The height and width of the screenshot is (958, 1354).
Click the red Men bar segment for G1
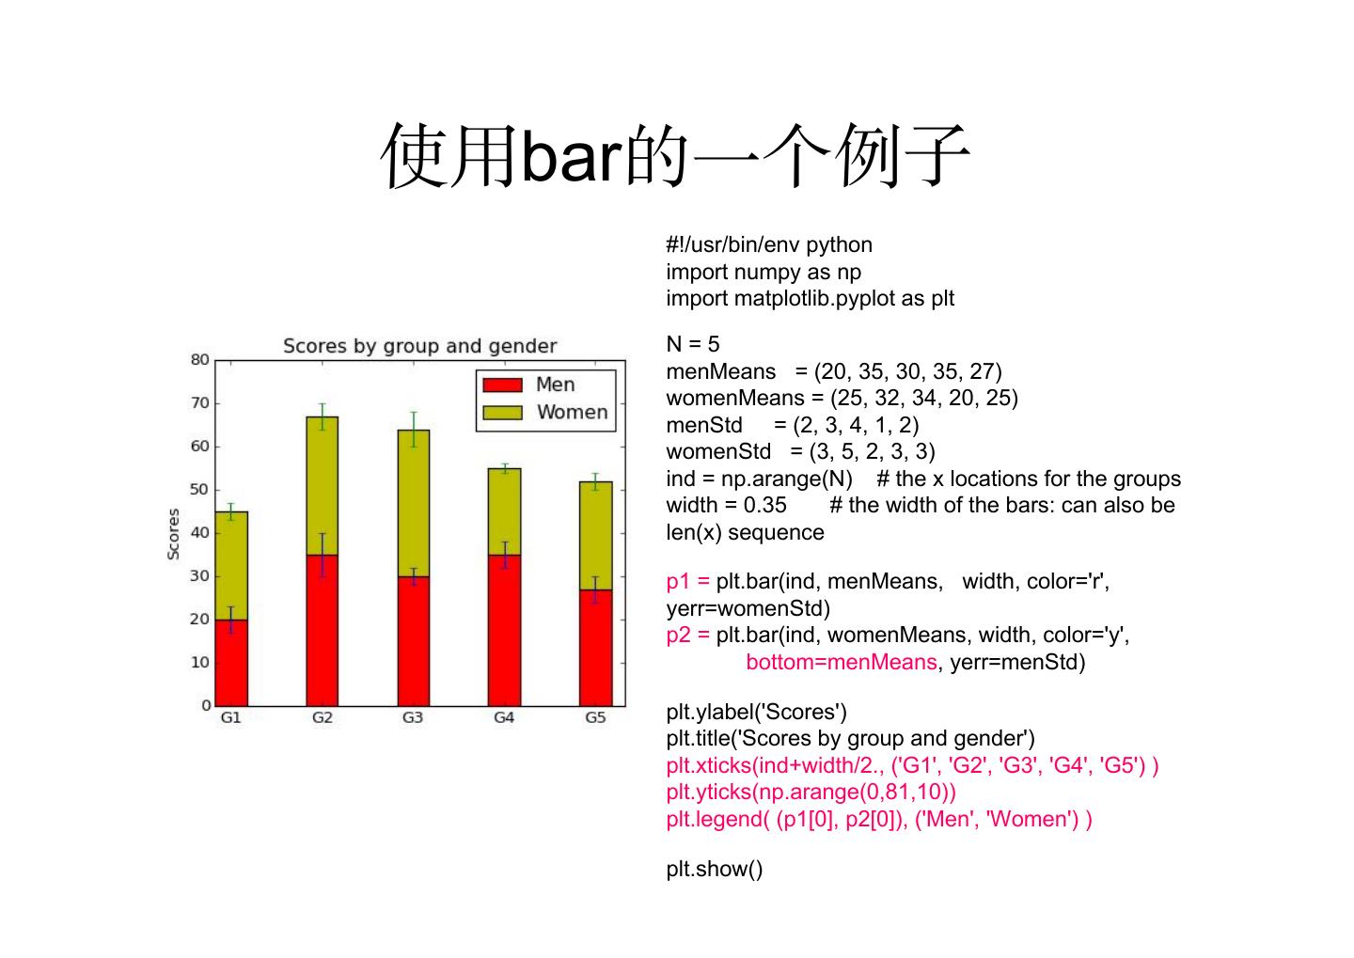pyautogui.click(x=231, y=663)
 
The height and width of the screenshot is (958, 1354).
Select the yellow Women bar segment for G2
pyautogui.click(x=323, y=486)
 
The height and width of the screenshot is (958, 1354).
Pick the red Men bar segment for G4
pyautogui.click(x=504, y=631)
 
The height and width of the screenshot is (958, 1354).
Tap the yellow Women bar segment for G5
pyautogui.click(x=595, y=536)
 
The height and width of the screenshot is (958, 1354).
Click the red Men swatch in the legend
pyautogui.click(x=502, y=385)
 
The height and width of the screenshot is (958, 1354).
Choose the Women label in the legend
pyautogui.click(x=572, y=412)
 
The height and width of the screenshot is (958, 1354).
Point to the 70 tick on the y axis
pyautogui.click(x=199, y=403)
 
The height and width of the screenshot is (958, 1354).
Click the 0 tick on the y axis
pyautogui.click(x=206, y=705)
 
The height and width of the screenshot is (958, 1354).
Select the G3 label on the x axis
pyautogui.click(x=413, y=717)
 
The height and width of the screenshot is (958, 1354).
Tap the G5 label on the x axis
pyautogui.click(x=595, y=717)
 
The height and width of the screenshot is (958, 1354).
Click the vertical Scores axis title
pyautogui.click(x=173, y=534)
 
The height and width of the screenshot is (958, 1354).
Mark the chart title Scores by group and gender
pyautogui.click(x=419, y=346)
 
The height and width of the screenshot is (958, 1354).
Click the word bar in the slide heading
pyautogui.click(x=572, y=156)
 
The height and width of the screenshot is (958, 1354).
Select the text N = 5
pyautogui.click(x=693, y=344)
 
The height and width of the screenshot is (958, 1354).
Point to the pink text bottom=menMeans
pyautogui.click(x=842, y=662)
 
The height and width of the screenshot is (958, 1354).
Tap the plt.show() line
pyautogui.click(x=715, y=869)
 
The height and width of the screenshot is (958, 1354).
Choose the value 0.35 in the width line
pyautogui.click(x=764, y=505)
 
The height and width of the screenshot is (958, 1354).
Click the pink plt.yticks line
pyautogui.click(x=811, y=792)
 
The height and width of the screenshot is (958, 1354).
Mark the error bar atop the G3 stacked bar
pyautogui.click(x=414, y=430)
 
